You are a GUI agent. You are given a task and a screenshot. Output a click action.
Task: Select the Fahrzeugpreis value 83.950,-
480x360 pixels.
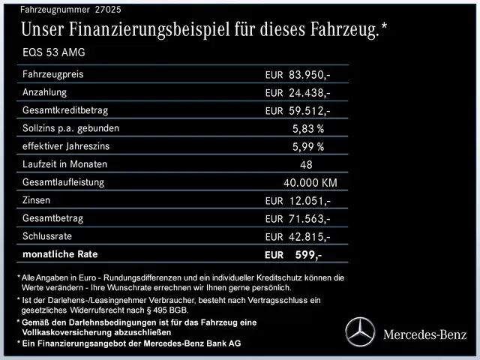point(309,76)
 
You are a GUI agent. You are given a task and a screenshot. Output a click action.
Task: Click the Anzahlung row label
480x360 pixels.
point(44,92)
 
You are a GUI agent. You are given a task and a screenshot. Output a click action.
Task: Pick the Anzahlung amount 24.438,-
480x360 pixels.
point(309,93)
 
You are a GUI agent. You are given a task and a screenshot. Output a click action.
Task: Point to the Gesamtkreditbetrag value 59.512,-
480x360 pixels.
point(309,111)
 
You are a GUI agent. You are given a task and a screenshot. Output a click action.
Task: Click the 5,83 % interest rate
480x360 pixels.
point(308,129)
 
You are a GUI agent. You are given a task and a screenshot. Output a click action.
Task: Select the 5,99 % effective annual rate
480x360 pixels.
point(308,147)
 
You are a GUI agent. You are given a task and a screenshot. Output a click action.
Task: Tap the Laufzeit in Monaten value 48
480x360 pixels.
point(305,165)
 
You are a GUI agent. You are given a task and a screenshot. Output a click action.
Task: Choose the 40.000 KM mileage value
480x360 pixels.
point(310,183)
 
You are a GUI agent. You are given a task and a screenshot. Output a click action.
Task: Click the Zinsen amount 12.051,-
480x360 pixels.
point(309,201)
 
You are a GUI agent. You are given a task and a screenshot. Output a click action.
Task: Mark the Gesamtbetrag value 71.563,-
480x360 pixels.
point(309,219)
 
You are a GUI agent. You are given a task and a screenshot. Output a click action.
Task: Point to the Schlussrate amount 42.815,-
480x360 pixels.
point(309,237)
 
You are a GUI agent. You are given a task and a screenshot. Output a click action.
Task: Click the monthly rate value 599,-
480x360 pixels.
point(308,255)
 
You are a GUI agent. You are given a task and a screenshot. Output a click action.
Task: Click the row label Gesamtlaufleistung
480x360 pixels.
point(63,182)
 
